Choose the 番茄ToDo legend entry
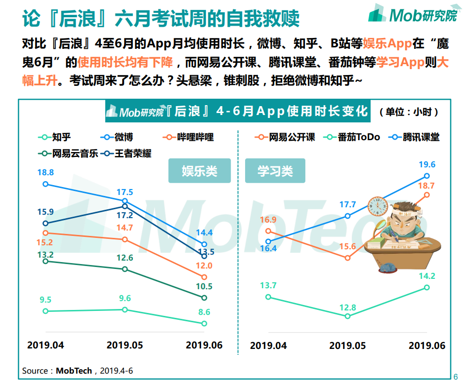pos(351,137)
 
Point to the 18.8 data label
pos(45,173)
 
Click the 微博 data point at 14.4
pos(204,244)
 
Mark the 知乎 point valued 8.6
pos(204,323)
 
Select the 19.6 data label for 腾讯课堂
pos(427,165)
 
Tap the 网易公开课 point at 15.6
pos(347,258)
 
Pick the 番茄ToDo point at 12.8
pos(347,316)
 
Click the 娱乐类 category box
pos(200,171)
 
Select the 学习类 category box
pos(275,171)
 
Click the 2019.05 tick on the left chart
pos(125,345)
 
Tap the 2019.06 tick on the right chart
pos(427,345)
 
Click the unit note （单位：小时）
pos(409,112)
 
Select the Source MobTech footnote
pos(78,370)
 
